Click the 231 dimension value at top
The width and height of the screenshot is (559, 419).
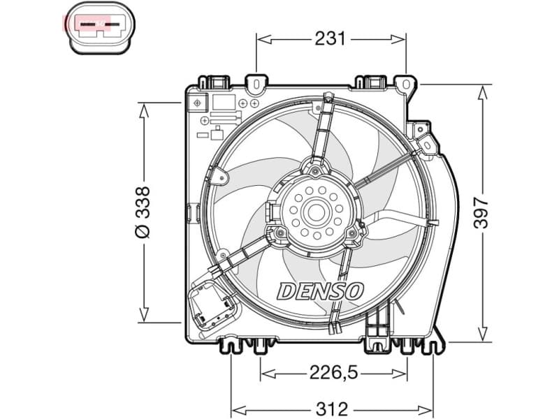pos(331,39)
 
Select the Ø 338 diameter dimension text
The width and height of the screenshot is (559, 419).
pos(143,212)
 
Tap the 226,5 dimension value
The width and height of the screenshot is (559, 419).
pos(333,374)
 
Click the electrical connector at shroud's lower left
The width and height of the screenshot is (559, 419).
pos(212,306)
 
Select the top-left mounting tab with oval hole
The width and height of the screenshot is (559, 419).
pos(256,84)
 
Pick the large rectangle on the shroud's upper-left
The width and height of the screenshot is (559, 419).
pos(224,102)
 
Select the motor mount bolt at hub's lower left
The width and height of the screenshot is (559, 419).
pos(280,233)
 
